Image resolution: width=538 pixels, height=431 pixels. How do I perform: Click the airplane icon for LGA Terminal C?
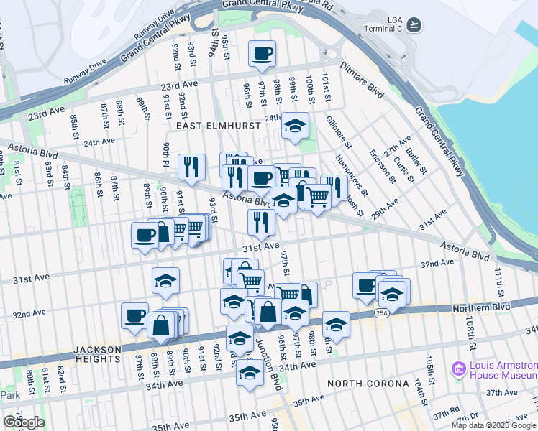pos(413,25)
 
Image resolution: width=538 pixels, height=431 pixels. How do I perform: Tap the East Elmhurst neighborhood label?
pos(214,126)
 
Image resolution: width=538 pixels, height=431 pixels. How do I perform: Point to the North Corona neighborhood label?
pos(369,384)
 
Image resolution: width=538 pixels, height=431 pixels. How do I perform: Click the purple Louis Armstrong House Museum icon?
pos(457,370)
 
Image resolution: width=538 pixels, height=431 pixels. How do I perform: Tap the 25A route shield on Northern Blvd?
pos(380,312)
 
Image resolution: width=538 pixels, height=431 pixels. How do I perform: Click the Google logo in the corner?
pos(24,422)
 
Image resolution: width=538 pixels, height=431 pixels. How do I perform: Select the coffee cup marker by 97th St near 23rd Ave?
pos(262,52)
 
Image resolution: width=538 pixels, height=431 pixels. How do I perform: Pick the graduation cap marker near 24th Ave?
pos(295,126)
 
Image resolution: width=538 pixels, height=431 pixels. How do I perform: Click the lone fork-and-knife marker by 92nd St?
pos(191,167)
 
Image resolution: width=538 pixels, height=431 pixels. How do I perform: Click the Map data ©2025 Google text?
pos(493,425)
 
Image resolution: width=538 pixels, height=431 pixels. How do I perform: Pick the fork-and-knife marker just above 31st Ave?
pos(261,222)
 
